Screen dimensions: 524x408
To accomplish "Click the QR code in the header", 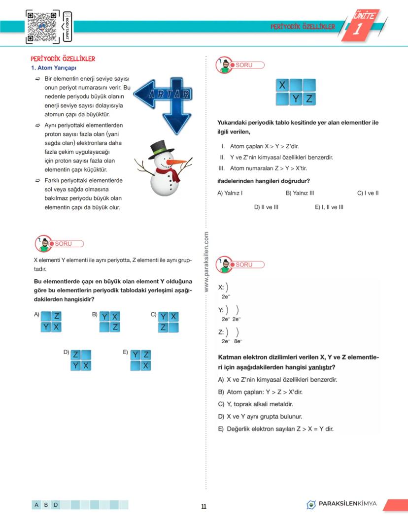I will (x=43, y=26).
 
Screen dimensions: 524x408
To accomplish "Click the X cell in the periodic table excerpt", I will (x=282, y=85).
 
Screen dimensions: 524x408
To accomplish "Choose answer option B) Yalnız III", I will (x=300, y=193).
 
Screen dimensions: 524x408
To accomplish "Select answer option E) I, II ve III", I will (x=329, y=207).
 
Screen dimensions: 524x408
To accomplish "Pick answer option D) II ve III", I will (x=266, y=207).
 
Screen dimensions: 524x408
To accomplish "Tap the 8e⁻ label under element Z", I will (x=238, y=341).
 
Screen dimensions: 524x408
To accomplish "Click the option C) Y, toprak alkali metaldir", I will (x=255, y=404).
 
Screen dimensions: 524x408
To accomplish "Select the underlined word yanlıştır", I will (x=319, y=367).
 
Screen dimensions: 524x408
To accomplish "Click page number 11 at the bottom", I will (x=204, y=506).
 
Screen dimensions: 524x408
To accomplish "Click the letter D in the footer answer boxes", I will (x=56, y=504).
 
